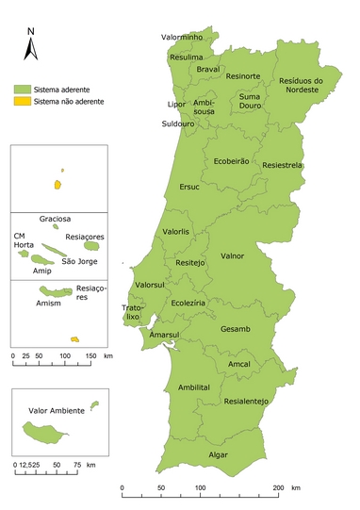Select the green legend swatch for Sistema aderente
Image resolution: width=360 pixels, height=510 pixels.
[22, 88]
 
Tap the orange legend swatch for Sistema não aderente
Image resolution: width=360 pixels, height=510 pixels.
[22, 101]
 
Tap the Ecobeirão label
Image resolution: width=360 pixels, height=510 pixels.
[231, 161]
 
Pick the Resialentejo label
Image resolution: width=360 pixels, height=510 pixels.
[247, 401]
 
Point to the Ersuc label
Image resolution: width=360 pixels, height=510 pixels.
[189, 187]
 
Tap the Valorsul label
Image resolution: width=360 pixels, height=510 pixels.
[152, 285]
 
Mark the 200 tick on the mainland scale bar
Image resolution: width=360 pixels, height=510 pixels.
[278, 488]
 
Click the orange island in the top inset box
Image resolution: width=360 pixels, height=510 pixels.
[58, 185]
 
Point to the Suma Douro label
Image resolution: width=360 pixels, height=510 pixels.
[250, 101]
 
